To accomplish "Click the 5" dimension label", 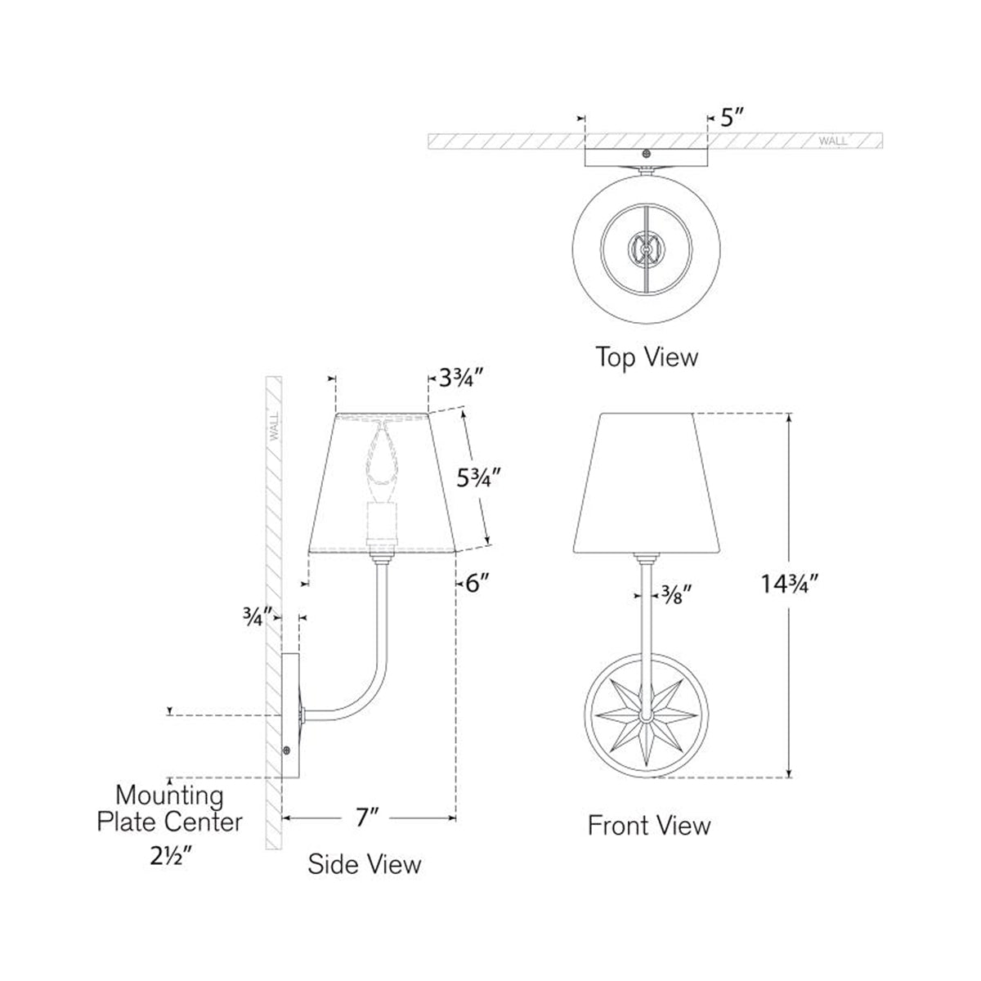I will [732, 119].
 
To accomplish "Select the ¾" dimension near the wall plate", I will [256, 617].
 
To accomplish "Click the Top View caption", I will [647, 357].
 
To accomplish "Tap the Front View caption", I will [649, 825].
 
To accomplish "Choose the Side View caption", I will [365, 864].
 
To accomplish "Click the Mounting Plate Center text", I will [169, 807].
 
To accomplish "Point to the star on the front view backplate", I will [647, 716].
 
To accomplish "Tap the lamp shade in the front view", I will [647, 482].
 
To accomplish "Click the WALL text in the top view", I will [832, 141].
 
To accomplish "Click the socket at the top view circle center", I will [647, 246].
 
